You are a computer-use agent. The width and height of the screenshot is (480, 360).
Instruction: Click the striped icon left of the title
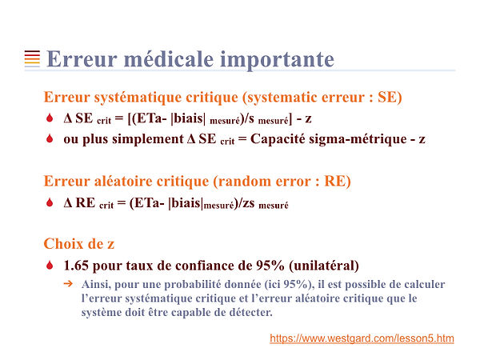point(32,58)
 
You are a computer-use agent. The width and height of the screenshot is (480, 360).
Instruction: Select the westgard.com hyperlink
point(362,338)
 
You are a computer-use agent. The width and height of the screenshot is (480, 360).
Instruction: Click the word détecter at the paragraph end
point(247,313)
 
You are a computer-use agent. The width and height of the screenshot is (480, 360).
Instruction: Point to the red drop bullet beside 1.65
point(50,265)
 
